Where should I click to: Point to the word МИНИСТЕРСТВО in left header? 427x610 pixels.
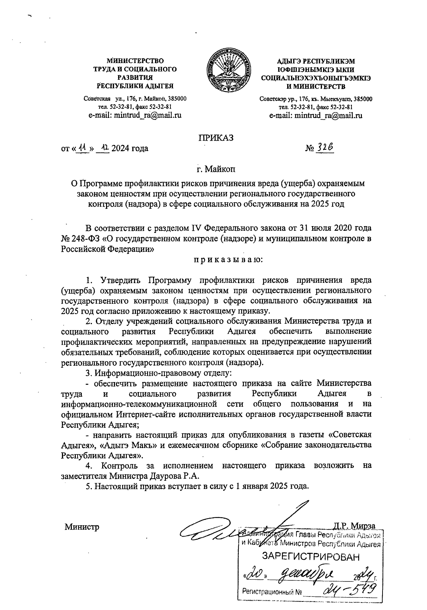(x=135, y=61)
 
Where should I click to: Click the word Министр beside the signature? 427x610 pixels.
(x=81, y=527)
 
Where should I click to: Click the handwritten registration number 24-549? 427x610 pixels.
(x=350, y=590)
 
